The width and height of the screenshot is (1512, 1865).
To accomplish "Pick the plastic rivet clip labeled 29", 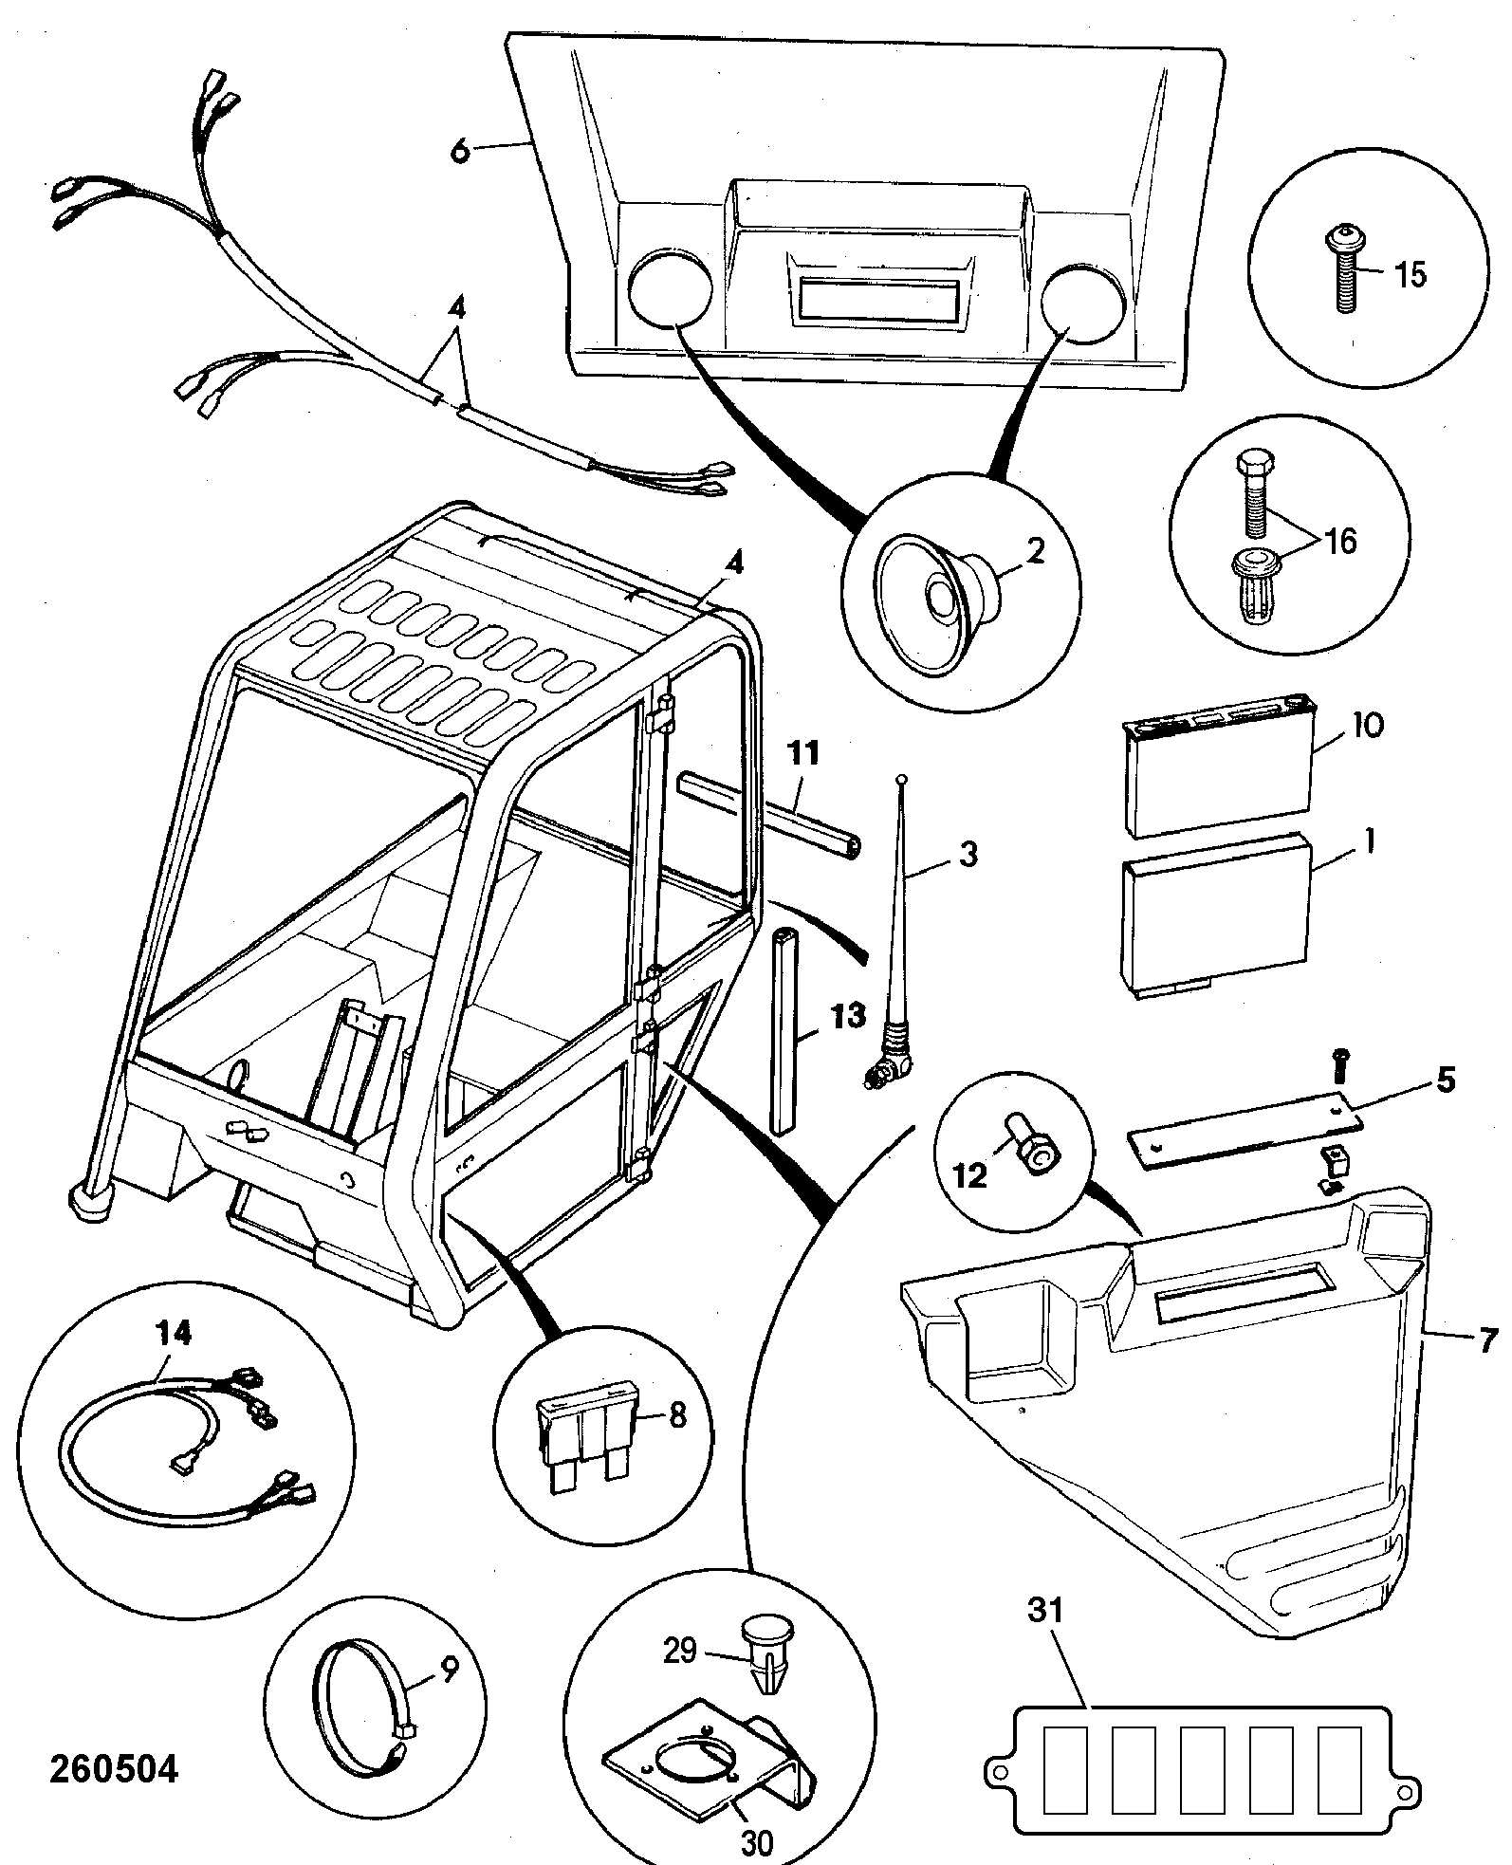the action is pos(765,1653).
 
